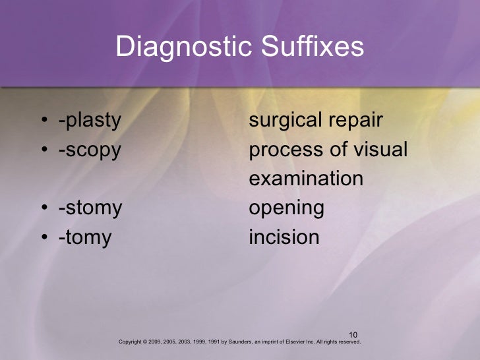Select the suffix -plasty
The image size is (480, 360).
click(90, 121)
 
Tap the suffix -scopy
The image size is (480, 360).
click(89, 150)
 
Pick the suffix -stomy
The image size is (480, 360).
click(90, 208)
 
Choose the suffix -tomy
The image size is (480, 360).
click(85, 237)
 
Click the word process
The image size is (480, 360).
click(285, 150)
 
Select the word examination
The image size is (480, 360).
click(306, 179)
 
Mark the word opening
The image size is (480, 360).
click(286, 209)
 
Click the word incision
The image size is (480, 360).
click(284, 237)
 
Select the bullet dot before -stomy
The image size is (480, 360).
click(43, 209)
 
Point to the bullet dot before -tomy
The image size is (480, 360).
click(43, 238)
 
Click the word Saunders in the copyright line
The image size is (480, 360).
click(234, 343)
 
